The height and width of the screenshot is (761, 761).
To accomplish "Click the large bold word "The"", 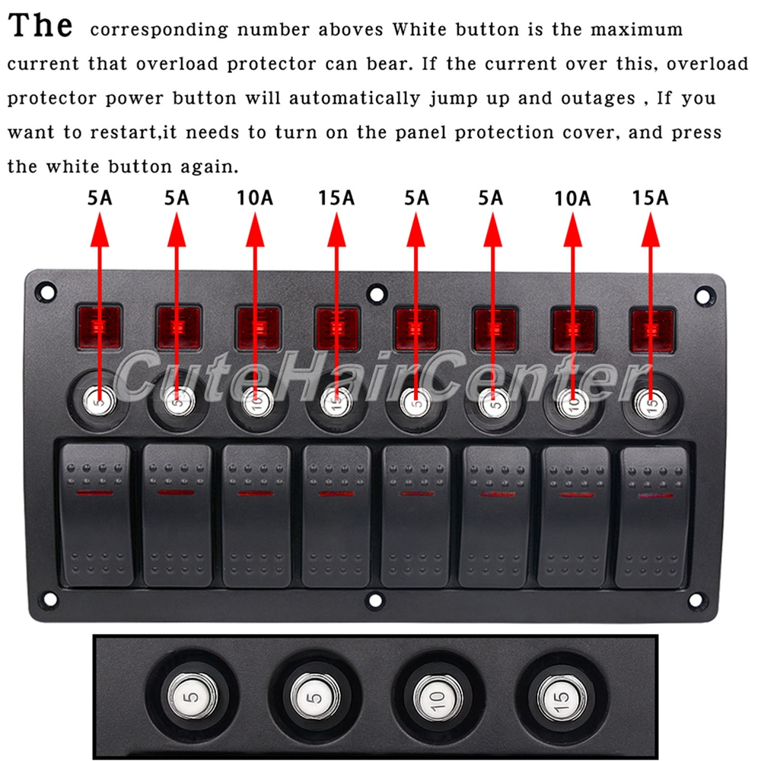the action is tap(40, 25).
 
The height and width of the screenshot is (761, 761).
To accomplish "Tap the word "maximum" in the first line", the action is tap(636, 30).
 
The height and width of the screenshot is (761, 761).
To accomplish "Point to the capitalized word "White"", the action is tap(419, 30).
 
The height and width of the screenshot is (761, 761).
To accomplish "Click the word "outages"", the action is tap(598, 99).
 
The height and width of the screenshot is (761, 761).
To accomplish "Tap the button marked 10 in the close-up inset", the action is tap(438, 698).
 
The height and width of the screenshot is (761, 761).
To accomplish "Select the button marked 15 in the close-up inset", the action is tap(562, 698).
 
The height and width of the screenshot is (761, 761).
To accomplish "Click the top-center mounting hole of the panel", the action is tap(376, 294).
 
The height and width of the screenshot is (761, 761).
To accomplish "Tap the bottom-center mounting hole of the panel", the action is tap(375, 600).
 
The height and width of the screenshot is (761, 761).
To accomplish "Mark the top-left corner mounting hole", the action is tap(46, 292).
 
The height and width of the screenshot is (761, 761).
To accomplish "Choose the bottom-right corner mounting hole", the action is tap(696, 600).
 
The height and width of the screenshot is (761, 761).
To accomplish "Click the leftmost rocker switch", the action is tap(96, 515).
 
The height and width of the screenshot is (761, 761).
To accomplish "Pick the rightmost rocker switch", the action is tap(653, 517).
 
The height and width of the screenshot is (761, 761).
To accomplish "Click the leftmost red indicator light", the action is tap(99, 327).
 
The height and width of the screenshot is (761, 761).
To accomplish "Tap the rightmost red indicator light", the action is tap(652, 330).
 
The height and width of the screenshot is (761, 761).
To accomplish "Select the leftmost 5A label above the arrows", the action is tap(100, 198).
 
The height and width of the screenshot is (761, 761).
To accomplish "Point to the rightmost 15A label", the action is tap(651, 198).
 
